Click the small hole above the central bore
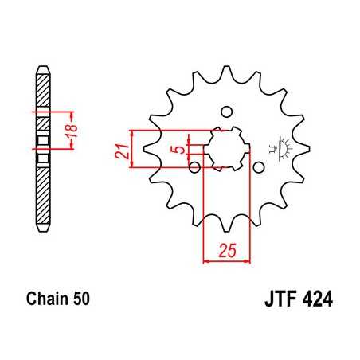(225, 111)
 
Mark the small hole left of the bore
(194, 166)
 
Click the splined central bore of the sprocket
(226, 148)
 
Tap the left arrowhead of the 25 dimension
(209, 259)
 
